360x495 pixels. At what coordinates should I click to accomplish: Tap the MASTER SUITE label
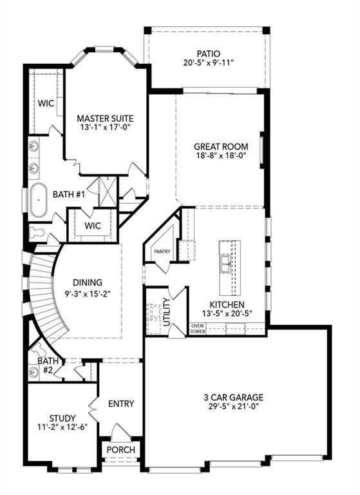[105, 119]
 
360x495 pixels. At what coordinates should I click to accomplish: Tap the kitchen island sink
[225, 264]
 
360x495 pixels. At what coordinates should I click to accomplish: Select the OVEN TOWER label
[197, 329]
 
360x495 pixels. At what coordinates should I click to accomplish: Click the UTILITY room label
[167, 311]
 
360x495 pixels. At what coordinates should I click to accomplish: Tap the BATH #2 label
[50, 366]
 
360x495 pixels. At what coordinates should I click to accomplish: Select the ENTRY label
[120, 404]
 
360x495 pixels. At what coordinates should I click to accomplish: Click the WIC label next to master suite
[45, 103]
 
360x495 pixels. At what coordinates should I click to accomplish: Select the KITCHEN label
[226, 304]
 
